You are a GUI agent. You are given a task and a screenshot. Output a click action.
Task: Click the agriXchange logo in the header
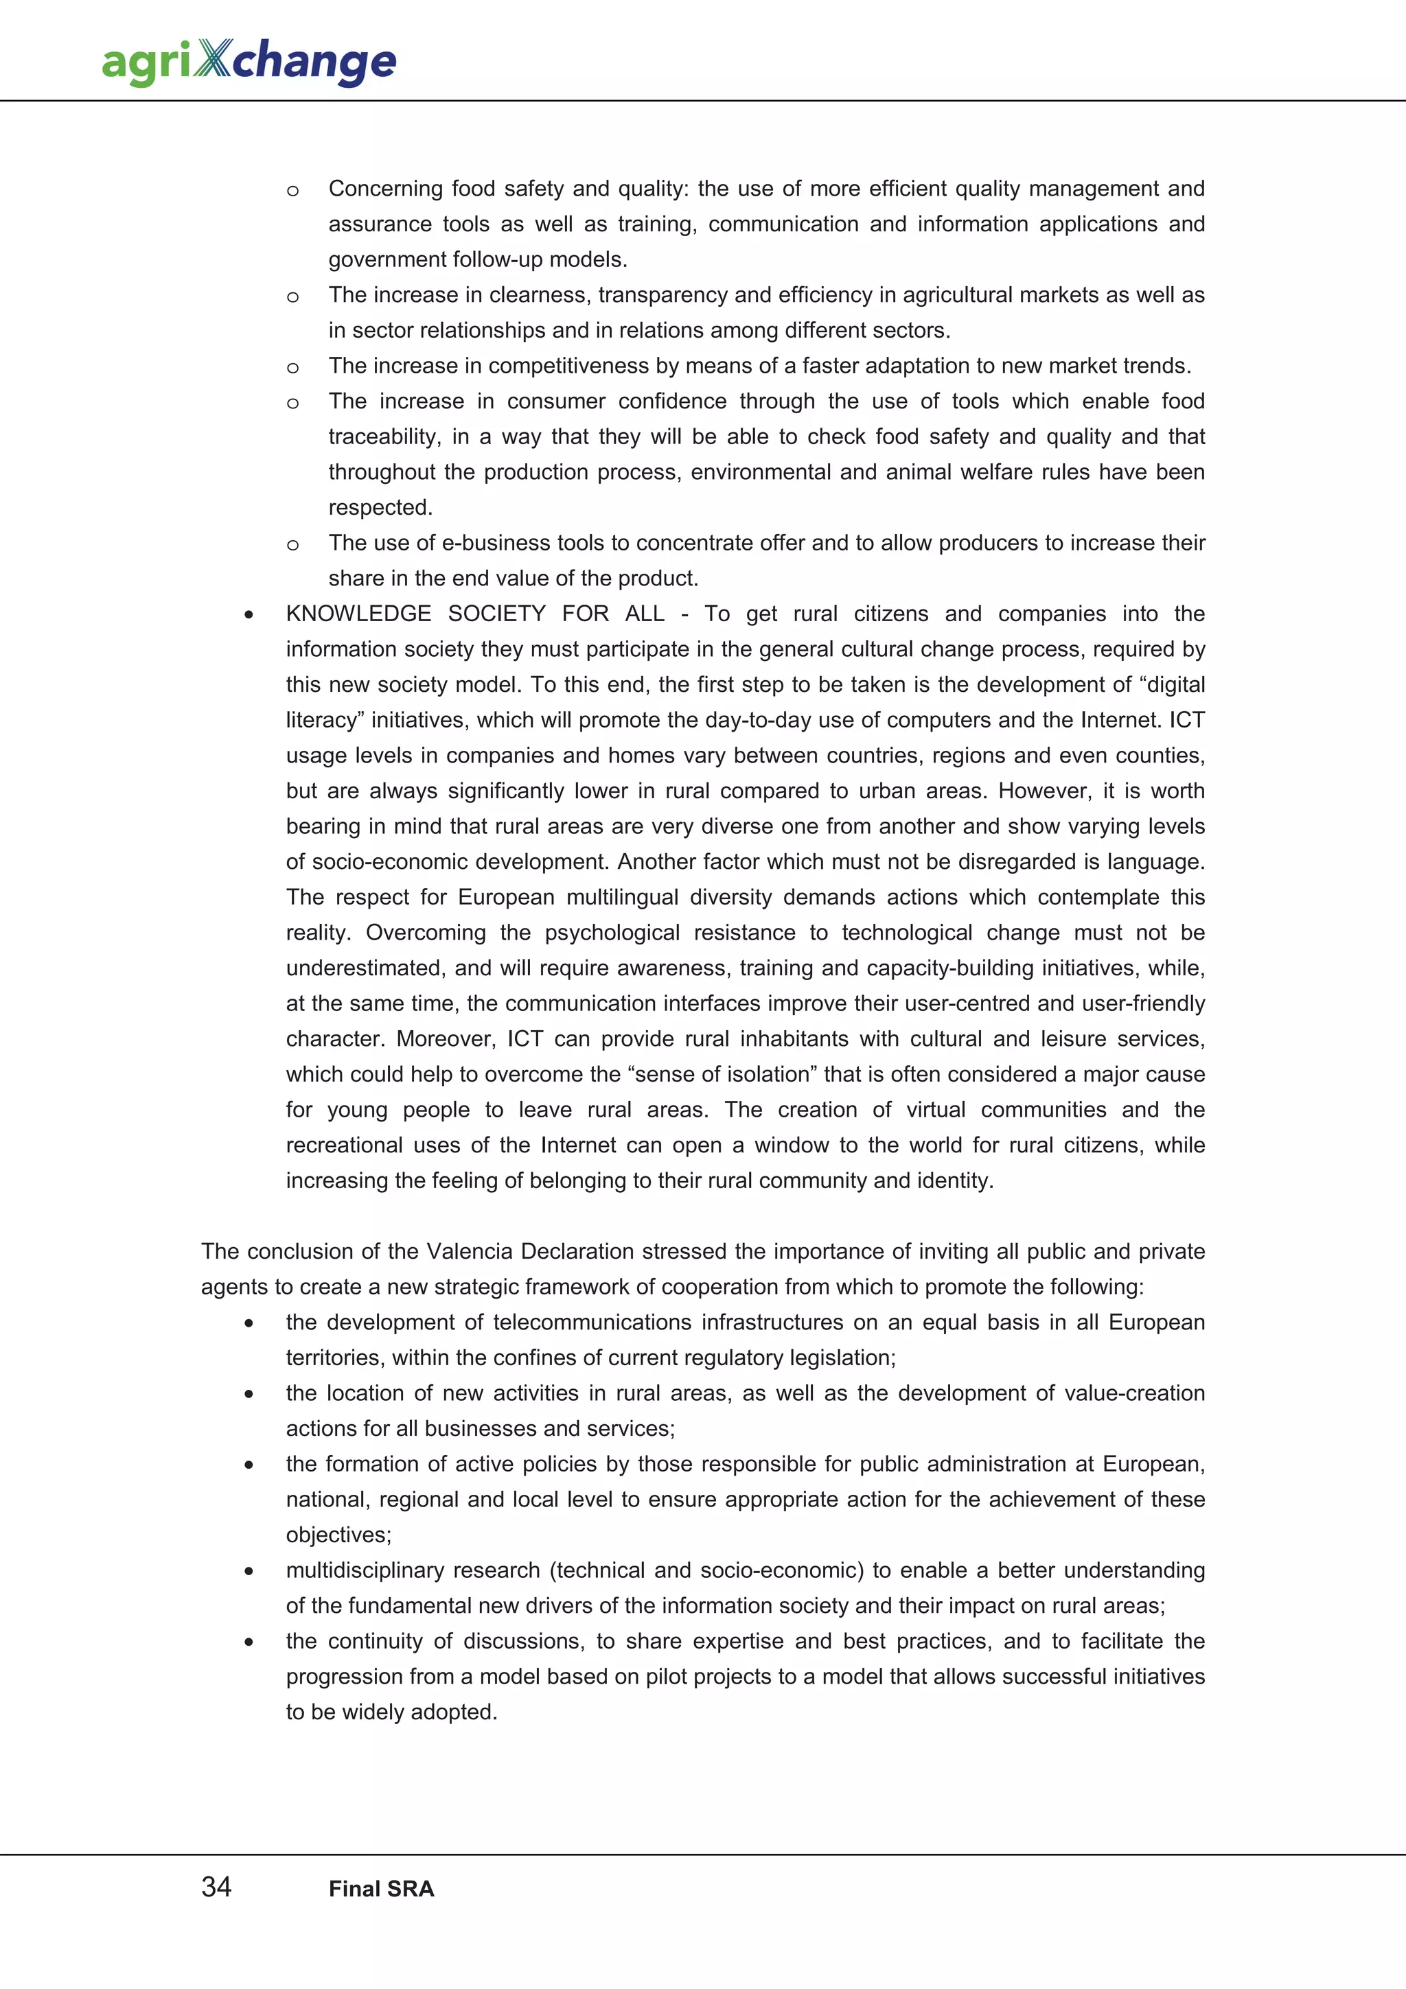(249, 62)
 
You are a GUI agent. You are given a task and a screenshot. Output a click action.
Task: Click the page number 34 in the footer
(216, 1887)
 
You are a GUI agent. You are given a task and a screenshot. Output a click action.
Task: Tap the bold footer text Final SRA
(381, 1889)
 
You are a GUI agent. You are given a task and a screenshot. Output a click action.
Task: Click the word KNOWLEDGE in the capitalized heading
(358, 614)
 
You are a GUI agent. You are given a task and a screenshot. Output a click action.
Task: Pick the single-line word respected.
(380, 508)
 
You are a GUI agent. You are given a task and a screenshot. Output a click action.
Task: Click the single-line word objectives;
(338, 1535)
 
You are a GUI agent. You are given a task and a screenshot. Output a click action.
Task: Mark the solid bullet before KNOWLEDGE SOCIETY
(249, 615)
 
